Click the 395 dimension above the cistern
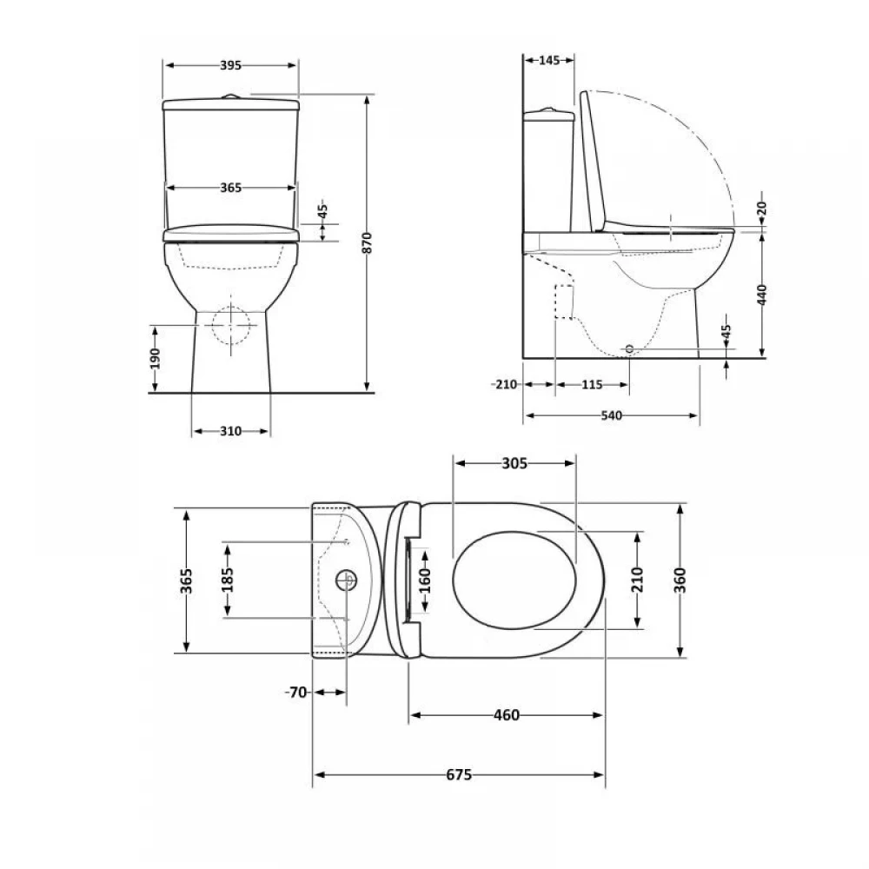[x=230, y=65]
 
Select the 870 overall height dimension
[x=367, y=243]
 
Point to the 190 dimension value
[x=155, y=359]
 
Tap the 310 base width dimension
[x=230, y=431]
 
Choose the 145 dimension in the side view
[x=549, y=61]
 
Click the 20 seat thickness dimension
[x=762, y=209]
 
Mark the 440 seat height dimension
[x=762, y=295]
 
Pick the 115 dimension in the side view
[x=592, y=385]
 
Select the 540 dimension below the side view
[x=611, y=415]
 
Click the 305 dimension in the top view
[x=514, y=463]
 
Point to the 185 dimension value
[x=227, y=580]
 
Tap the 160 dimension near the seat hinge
[x=425, y=580]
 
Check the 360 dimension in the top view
[x=680, y=580]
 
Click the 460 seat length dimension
[x=507, y=715]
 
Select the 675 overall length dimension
[x=459, y=775]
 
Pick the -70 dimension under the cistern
[x=296, y=693]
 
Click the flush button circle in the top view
[x=347, y=580]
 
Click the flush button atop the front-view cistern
[x=230, y=97]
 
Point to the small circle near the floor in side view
[x=629, y=348]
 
